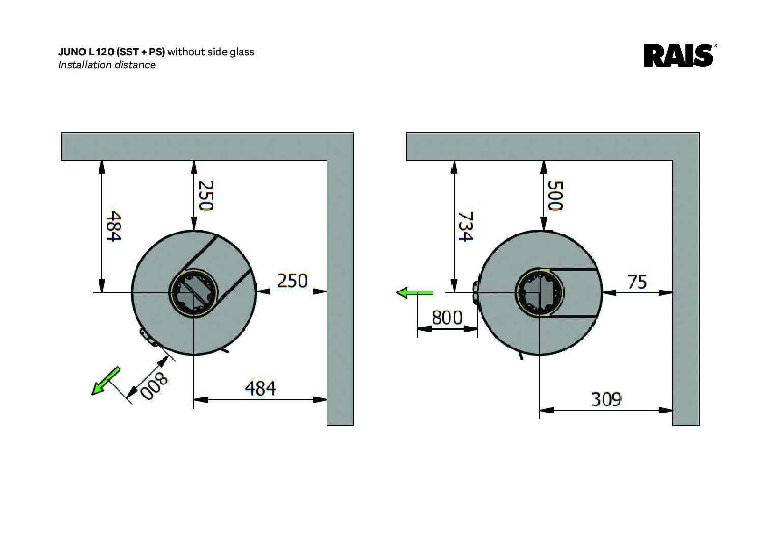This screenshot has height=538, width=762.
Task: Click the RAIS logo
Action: point(679,55)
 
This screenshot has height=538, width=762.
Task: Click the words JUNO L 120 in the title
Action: point(87,52)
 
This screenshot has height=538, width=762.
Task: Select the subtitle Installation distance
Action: point(106,65)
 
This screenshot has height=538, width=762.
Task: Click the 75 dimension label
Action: point(636,281)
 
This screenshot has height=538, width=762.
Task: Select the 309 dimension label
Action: point(606,399)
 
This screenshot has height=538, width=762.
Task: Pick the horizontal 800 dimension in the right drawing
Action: point(447,318)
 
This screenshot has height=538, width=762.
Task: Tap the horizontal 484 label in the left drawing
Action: point(260,388)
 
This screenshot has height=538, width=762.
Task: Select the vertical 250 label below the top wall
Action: point(205,195)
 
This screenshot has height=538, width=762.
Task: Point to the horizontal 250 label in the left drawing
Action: point(292,280)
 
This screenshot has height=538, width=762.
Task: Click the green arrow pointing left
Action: point(414,293)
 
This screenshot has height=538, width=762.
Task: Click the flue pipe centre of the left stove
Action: point(194,293)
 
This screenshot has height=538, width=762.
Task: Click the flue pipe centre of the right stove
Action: point(540,293)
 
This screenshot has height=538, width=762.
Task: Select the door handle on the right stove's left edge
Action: point(475,293)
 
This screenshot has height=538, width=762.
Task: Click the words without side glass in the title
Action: point(211,52)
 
